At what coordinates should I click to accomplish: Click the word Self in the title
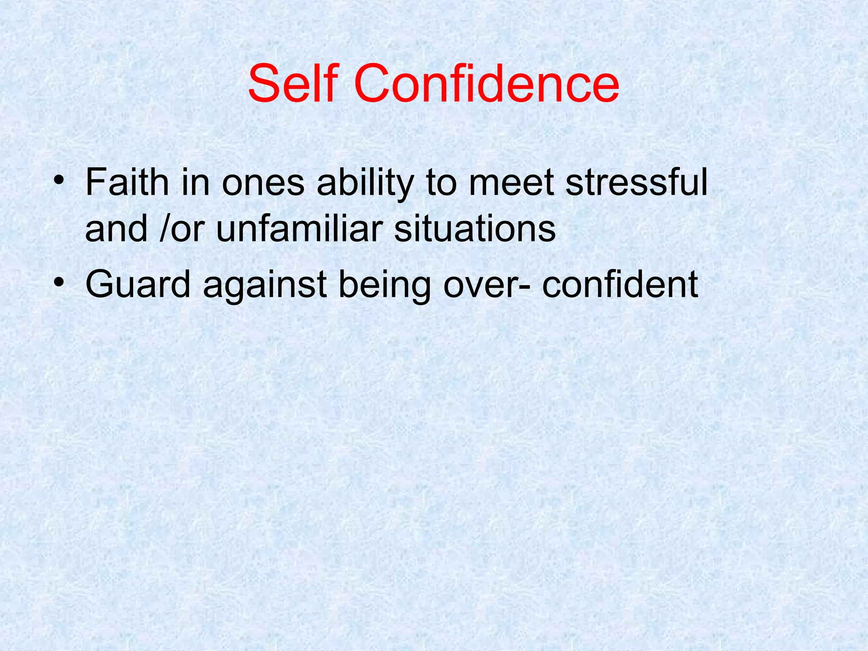[293, 83]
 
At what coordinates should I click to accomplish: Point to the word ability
[365, 183]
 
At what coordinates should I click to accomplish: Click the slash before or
[163, 229]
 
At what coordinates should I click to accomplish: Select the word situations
[475, 229]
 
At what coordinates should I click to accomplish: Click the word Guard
[138, 285]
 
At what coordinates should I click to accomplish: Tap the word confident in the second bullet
[620, 285]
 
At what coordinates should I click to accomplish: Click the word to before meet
[441, 183]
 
